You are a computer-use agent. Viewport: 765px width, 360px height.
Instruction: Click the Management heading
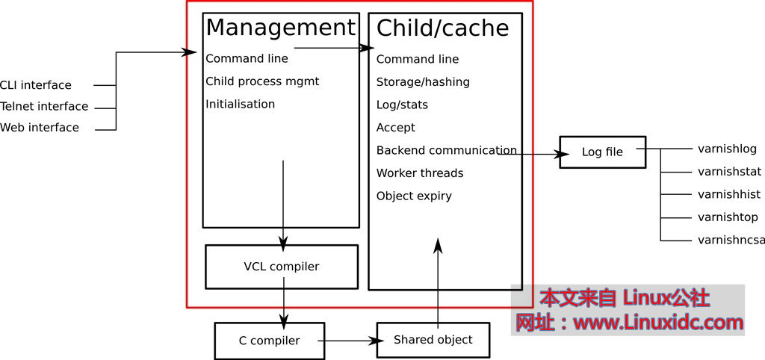click(280, 28)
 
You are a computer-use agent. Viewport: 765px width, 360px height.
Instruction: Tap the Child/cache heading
click(442, 28)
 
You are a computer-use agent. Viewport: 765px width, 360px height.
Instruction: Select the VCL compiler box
click(281, 267)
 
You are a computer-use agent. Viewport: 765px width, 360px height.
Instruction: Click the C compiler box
click(269, 341)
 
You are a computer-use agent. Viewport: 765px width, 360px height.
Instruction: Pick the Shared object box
click(433, 340)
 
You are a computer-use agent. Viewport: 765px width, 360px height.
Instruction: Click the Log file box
click(602, 152)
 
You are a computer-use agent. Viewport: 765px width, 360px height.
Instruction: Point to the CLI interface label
click(36, 85)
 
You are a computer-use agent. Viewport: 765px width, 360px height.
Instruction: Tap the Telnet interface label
click(44, 106)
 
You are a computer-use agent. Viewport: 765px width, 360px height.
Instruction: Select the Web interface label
click(40, 128)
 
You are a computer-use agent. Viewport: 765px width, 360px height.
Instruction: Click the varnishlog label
click(727, 149)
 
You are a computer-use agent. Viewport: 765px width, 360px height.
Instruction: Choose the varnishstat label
click(729, 172)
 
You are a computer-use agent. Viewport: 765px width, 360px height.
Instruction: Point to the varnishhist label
click(728, 194)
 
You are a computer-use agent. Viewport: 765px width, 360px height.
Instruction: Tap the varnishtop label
click(728, 217)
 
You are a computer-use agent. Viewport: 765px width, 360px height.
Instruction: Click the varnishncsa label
click(731, 240)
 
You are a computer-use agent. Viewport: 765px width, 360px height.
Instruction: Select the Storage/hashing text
click(423, 82)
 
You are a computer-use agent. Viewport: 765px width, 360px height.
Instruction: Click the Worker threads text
click(420, 173)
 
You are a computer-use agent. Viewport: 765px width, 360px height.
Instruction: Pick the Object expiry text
click(414, 196)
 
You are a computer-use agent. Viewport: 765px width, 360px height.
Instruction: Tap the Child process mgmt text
click(262, 81)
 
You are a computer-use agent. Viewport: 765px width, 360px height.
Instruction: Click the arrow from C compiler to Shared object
click(350, 341)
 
